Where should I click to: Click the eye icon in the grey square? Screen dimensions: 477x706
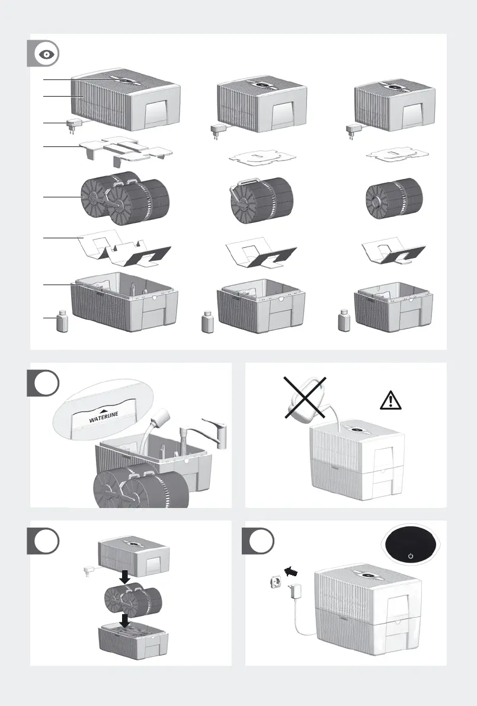click(x=46, y=54)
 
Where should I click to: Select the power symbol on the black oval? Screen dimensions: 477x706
click(x=410, y=556)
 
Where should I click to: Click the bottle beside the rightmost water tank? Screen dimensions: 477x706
click(x=342, y=322)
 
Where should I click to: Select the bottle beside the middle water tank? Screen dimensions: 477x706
click(x=207, y=322)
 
